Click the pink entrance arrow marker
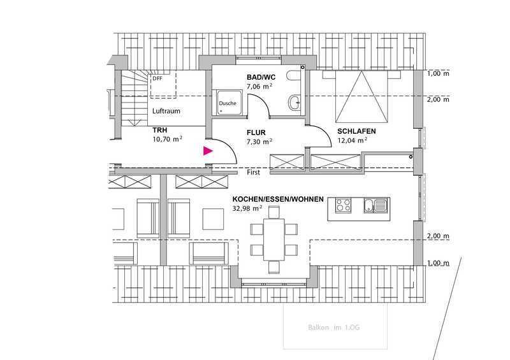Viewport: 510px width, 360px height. (x=208, y=151)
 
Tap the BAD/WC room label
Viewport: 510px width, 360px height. (x=261, y=77)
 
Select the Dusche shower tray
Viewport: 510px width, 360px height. (x=229, y=103)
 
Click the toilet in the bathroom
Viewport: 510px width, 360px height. (x=294, y=75)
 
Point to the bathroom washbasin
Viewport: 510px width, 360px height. (x=295, y=103)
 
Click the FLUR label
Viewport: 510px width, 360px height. (x=256, y=133)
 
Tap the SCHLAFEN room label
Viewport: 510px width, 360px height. (x=356, y=131)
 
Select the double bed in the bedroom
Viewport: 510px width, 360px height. (x=361, y=97)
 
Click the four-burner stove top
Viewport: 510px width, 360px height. (x=344, y=205)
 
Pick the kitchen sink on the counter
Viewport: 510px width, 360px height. (x=375, y=205)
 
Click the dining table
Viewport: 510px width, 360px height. (x=274, y=240)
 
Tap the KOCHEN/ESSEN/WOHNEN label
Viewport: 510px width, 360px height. (x=278, y=199)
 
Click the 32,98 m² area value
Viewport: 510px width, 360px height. (x=247, y=208)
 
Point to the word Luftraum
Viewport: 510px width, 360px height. (x=166, y=111)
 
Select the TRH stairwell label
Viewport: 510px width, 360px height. (x=160, y=130)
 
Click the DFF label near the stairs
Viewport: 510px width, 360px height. (x=157, y=78)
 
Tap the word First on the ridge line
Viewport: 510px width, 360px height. (x=253, y=172)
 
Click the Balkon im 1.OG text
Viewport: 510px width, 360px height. (x=333, y=328)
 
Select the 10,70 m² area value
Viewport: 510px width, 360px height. (x=167, y=139)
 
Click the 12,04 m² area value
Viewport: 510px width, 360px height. (x=353, y=140)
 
